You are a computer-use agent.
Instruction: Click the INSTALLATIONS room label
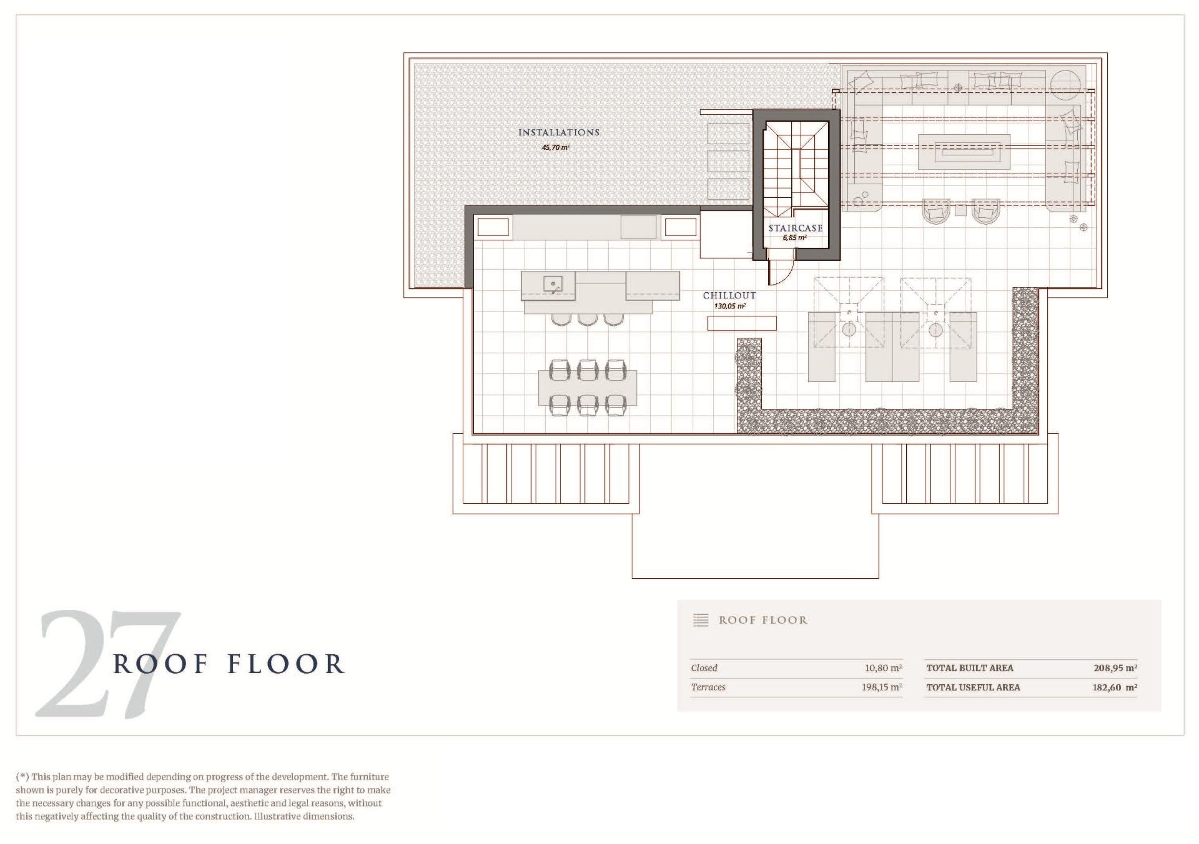point(559,132)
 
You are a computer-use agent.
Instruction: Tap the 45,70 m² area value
point(556,148)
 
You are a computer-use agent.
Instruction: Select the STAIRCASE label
point(796,228)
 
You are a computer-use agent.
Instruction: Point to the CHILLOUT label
point(729,295)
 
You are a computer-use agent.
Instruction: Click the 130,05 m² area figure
point(730,307)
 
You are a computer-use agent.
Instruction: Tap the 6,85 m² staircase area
point(795,238)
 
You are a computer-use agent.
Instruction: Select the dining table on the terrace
point(588,388)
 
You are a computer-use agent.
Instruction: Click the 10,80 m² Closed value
point(884,668)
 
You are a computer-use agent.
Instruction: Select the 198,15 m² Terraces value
point(882,687)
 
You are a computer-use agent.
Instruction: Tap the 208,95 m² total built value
point(1115,668)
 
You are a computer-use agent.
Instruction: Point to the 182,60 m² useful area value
point(1115,687)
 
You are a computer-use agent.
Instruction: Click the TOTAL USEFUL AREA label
point(973,687)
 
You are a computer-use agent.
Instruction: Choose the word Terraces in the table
point(708,687)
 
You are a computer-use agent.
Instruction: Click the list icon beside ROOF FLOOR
point(701,620)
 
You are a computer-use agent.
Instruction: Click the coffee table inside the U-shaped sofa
point(964,151)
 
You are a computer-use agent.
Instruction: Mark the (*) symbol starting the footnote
point(22,777)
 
